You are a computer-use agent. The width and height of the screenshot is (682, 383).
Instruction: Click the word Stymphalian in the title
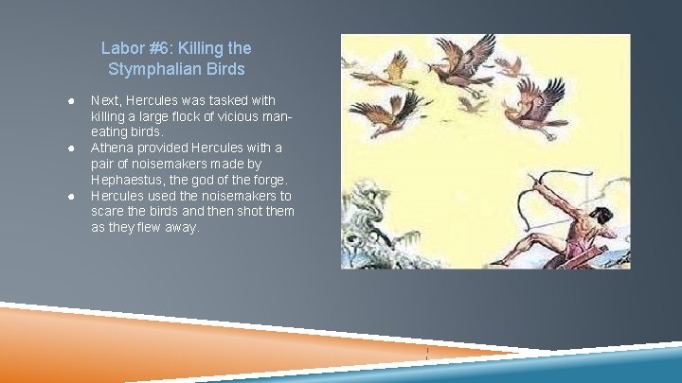click(x=148, y=69)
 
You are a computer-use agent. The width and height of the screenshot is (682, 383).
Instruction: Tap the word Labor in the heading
click(x=120, y=47)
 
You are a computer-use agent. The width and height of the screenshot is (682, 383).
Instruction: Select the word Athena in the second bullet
click(x=113, y=148)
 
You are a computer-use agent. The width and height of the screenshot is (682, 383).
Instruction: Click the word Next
click(x=105, y=99)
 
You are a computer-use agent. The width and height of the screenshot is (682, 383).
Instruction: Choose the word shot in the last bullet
click(x=248, y=212)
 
